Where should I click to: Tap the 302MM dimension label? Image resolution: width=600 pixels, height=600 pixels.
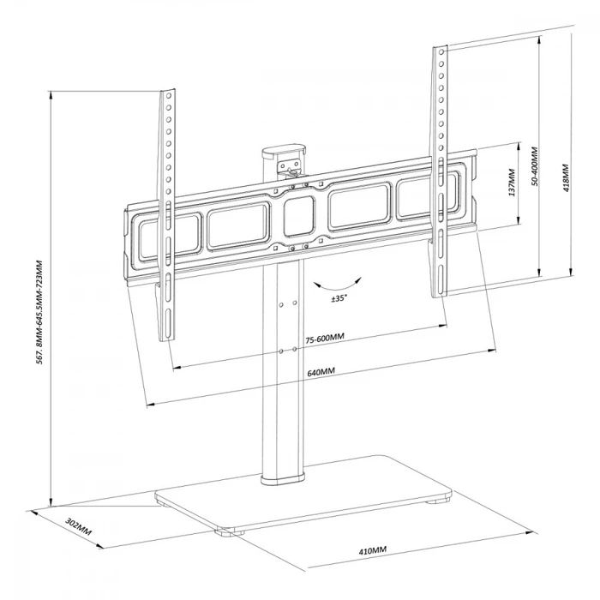tap(78, 525)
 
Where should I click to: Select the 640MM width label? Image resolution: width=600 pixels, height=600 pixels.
tap(321, 371)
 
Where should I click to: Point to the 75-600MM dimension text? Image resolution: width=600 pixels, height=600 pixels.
tap(324, 337)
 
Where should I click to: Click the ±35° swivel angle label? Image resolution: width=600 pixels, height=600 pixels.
tap(339, 298)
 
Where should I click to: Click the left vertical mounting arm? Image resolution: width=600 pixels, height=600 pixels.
tap(166, 214)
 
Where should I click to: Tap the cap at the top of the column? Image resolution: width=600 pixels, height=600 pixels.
tap(285, 153)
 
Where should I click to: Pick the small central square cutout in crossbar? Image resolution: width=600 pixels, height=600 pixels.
tap(297, 219)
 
